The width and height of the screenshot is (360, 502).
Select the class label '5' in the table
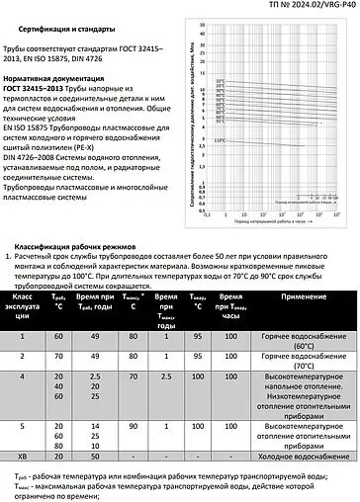[25, 424]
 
